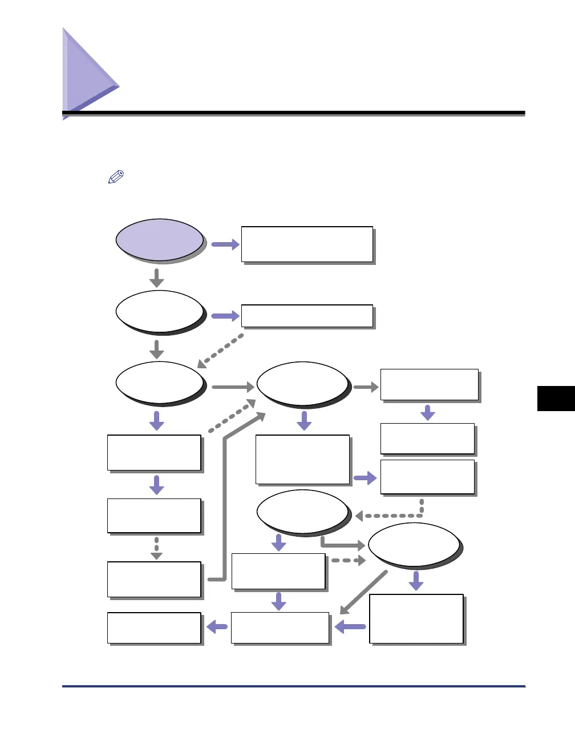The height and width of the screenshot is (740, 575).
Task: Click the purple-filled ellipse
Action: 160,240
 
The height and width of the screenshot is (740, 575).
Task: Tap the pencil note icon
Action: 116,178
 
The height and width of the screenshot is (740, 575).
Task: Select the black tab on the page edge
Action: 556,399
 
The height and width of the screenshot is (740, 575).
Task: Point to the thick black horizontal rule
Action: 293,113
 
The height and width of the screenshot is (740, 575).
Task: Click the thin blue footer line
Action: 293,686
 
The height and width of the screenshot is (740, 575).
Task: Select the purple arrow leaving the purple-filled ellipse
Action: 225,244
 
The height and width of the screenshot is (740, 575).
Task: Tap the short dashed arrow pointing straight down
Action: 156,548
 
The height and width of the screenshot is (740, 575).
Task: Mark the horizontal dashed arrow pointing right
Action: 348,561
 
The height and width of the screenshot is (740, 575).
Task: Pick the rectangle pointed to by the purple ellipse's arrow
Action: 307,244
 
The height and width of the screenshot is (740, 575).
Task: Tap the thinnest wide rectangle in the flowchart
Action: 307,316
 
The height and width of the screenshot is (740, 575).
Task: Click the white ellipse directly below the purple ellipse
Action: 160,312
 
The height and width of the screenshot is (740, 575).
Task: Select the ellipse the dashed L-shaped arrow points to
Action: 302,512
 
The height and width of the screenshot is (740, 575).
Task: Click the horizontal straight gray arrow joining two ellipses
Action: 233,387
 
